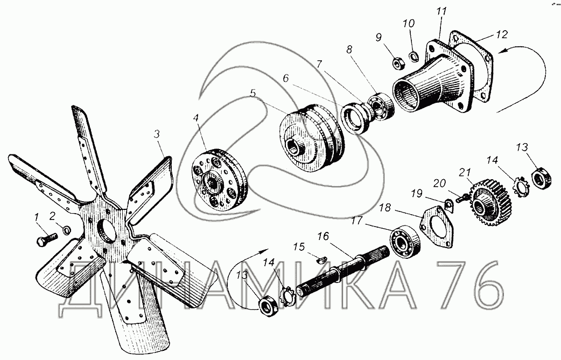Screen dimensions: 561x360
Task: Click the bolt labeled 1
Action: coord(47,239)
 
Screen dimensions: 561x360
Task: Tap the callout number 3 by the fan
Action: coord(156,135)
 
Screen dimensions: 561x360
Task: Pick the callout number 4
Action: coord(196,117)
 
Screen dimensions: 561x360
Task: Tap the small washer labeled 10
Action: coord(415,56)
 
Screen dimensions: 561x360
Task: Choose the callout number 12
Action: coord(502,34)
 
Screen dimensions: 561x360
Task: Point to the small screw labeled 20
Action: coord(462,196)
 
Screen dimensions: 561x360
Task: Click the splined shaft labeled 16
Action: coord(343,271)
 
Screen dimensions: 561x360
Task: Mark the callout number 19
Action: coord(417,194)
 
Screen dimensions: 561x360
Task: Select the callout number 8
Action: coord(349,50)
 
